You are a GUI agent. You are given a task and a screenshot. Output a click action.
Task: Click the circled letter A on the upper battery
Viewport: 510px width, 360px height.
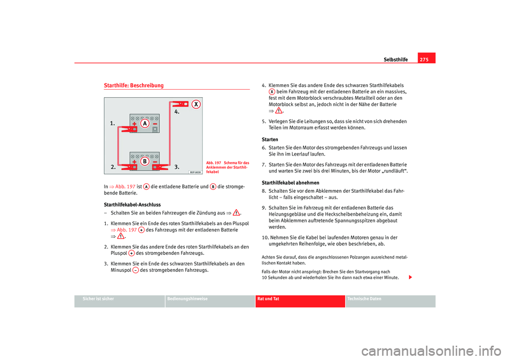coord(144,123)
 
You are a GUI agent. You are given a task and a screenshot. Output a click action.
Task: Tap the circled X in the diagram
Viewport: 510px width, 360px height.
coord(196,104)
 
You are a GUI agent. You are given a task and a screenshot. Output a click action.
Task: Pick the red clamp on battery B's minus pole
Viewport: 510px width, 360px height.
coord(158,167)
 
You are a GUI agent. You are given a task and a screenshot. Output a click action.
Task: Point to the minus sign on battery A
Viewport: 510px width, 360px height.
coord(154,122)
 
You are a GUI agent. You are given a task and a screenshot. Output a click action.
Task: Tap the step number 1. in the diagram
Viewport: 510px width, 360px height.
coord(113,123)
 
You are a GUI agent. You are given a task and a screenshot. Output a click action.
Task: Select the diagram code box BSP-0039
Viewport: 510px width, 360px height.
coord(195,172)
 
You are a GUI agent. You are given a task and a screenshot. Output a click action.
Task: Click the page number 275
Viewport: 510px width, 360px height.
coord(426,59)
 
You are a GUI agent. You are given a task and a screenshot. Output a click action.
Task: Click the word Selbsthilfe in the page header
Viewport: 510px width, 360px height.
coord(396,59)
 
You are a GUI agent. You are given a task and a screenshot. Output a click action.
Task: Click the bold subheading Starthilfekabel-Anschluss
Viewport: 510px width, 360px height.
coord(132,204)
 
